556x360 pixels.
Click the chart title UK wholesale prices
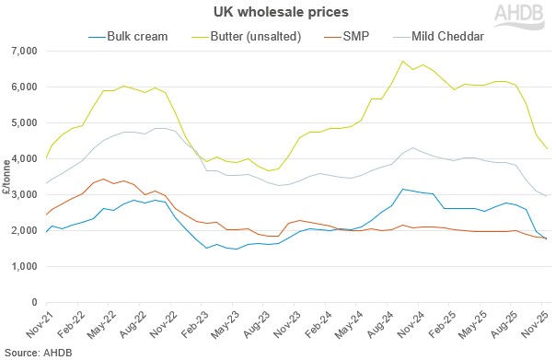tap(277, 13)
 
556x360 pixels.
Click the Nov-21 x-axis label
tap(39, 323)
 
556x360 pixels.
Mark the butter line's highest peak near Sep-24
tap(402, 62)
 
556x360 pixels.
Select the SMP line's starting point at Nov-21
tap(46, 215)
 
